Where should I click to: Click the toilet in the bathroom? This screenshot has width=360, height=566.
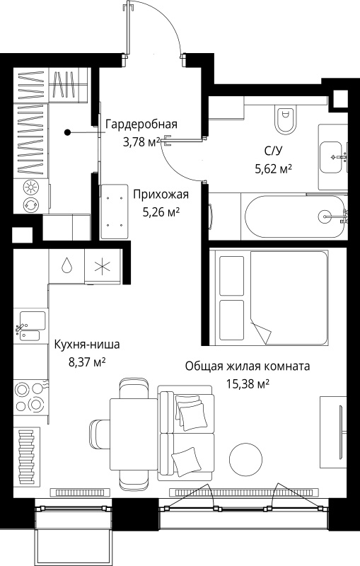point(285,120)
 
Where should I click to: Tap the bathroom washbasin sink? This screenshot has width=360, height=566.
point(331,157)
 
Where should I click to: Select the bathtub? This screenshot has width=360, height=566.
point(296,216)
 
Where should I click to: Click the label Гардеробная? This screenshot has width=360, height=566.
point(141,125)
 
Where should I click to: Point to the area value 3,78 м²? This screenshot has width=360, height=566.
point(141,142)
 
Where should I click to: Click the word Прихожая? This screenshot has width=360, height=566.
point(161,195)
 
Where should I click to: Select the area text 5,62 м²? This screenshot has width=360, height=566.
point(273,168)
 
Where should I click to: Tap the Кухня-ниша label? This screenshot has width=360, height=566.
point(87,345)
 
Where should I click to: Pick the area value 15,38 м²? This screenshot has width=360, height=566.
point(248,383)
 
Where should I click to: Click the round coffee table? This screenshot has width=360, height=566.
point(245,459)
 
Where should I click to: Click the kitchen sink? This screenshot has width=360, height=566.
point(31,326)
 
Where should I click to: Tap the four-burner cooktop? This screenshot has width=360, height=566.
point(30,398)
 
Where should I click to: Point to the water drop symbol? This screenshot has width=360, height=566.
point(66,266)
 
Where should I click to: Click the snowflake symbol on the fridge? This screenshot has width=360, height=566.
point(103,267)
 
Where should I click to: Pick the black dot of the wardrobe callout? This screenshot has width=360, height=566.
point(67,132)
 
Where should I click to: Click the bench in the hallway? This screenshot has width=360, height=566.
point(115,212)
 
